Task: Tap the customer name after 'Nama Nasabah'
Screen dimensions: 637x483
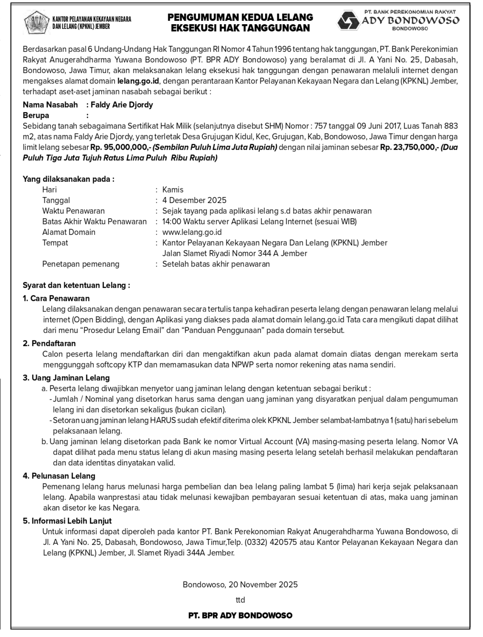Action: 122,105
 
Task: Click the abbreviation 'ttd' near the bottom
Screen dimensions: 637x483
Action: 240,600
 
